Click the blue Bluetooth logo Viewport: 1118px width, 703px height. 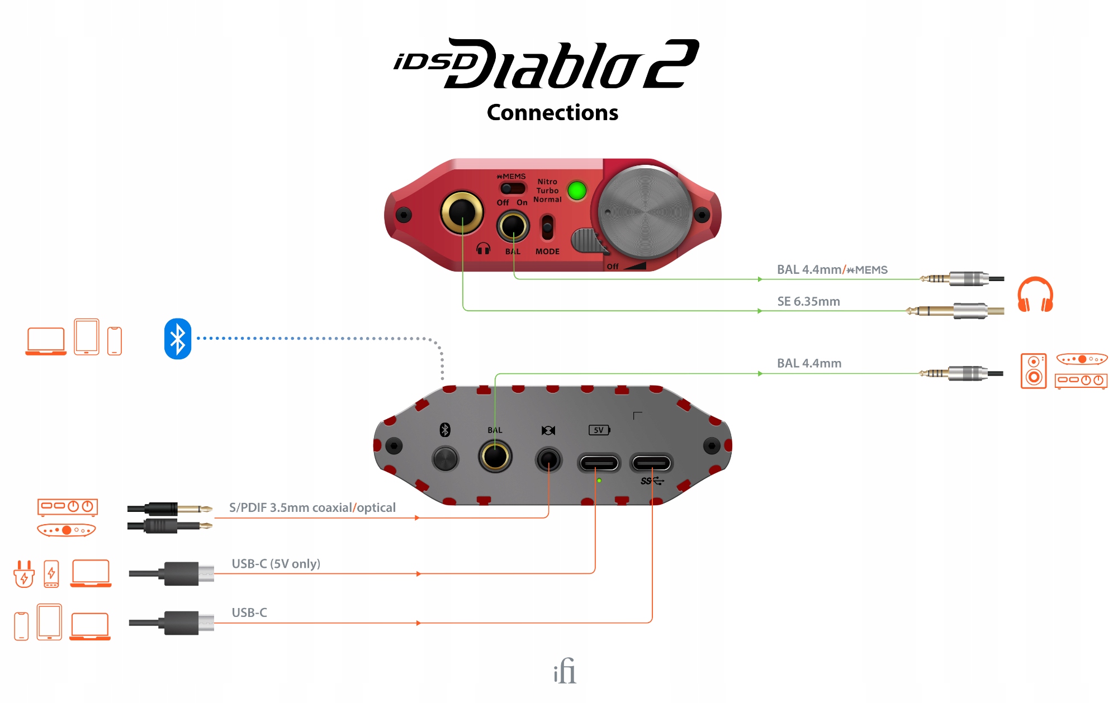[178, 339]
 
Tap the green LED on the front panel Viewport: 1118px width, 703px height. [577, 191]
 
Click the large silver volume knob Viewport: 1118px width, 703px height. [645, 212]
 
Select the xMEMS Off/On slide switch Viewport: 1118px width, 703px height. [513, 188]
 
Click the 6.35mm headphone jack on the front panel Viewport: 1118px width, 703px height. [462, 213]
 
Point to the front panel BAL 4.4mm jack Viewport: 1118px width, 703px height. [513, 226]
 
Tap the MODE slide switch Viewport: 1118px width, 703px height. [547, 227]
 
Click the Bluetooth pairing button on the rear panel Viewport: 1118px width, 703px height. [446, 459]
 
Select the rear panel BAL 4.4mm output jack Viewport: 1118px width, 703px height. [495, 456]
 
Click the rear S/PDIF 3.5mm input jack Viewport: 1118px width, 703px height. [548, 460]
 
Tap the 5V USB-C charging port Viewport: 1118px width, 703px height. [599, 463]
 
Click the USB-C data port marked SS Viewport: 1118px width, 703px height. [651, 463]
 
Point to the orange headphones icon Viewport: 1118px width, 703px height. [1035, 294]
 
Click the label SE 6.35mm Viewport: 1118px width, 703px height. [808, 302]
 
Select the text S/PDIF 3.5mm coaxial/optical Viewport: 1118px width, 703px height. [312, 508]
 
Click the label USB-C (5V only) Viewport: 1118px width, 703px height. [276, 564]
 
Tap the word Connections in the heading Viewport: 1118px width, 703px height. [552, 113]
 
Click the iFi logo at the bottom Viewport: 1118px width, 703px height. [565, 671]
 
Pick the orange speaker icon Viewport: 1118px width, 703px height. [1034, 370]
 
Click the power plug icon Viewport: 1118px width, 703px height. [24, 574]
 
